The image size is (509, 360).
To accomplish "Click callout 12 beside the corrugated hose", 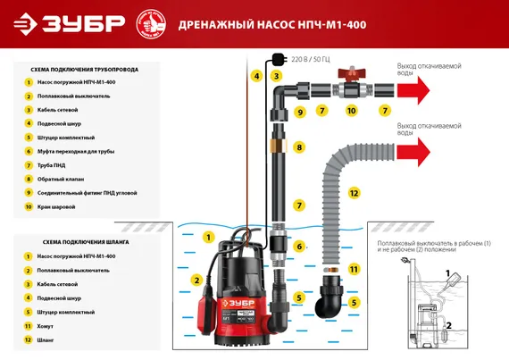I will (354, 193).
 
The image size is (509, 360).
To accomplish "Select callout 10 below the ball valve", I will (352, 111).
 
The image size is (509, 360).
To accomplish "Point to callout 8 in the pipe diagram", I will (300, 147).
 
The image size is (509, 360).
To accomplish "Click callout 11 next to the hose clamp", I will (354, 268).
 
